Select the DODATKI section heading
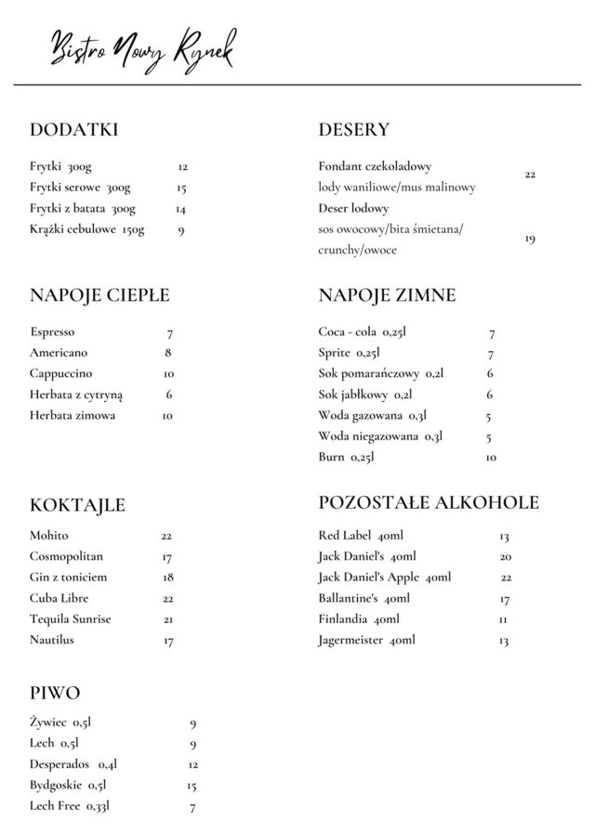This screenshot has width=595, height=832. [73, 130]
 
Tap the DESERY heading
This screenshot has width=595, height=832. [353, 130]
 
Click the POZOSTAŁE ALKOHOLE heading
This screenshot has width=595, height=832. [429, 503]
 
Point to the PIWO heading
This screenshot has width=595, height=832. [55, 694]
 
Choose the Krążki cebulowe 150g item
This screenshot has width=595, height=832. [87, 230]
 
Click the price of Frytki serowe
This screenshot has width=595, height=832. [182, 188]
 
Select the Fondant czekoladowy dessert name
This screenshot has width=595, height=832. [375, 167]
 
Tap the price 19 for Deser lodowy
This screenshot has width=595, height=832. [529, 240]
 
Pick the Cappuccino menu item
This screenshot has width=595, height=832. [60, 374]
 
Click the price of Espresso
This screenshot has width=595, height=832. [170, 333]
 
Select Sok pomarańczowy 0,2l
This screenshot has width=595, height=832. [381, 374]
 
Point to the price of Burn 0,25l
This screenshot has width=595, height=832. [491, 458]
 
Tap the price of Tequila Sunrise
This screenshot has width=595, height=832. [168, 619]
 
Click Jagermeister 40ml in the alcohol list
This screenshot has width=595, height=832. [366, 641]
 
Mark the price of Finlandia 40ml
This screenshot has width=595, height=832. [503, 619]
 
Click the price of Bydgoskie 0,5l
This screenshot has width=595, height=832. [192, 786]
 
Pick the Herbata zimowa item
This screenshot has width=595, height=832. [73, 416]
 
